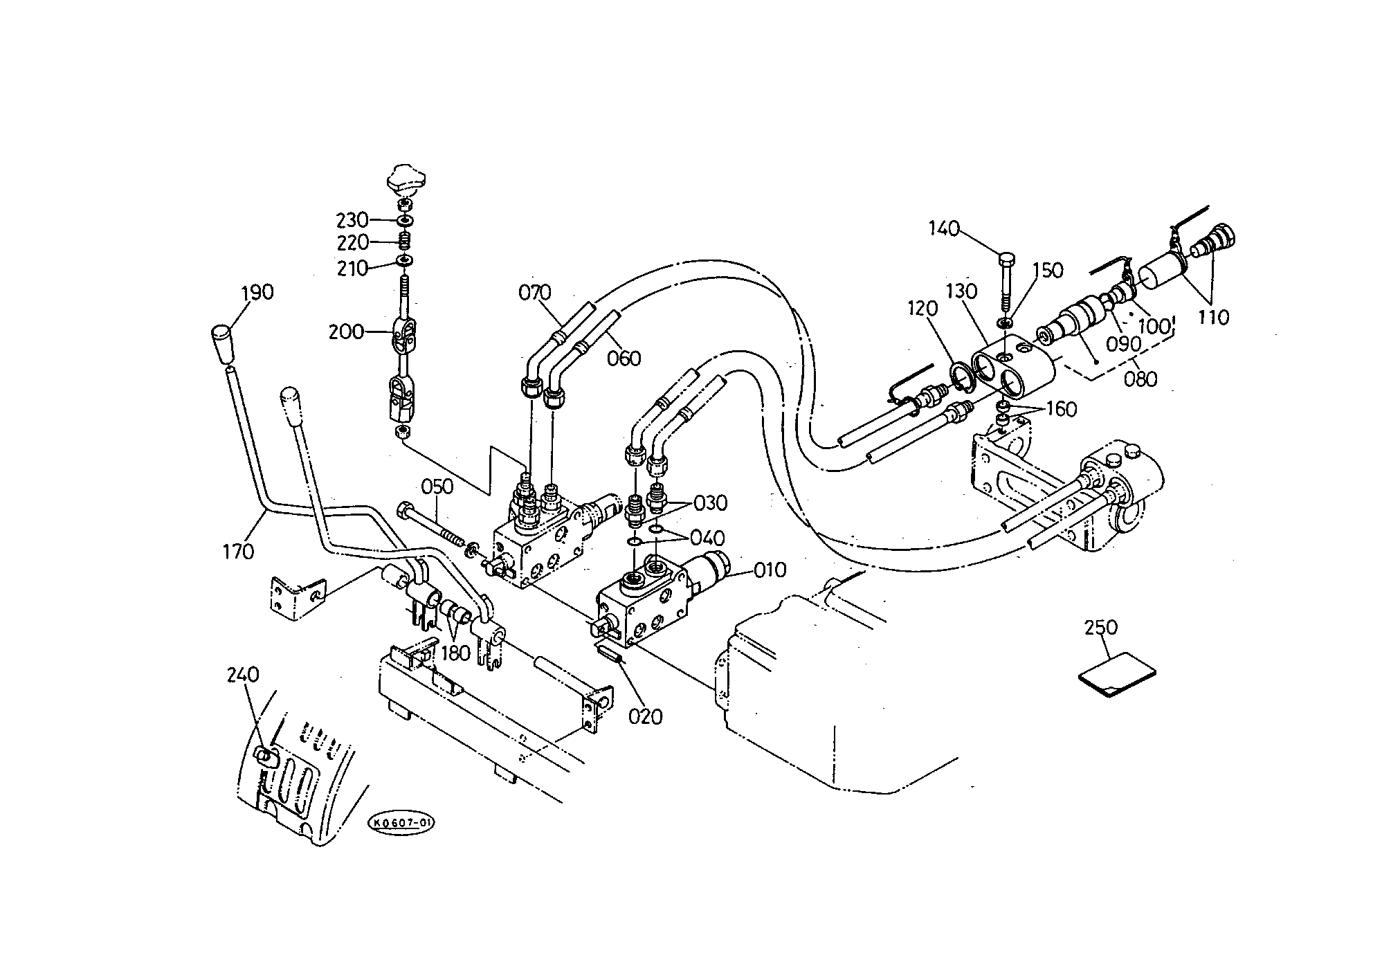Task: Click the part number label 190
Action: pyautogui.click(x=257, y=293)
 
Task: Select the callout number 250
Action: pyautogui.click(x=1101, y=627)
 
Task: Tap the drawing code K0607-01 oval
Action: pyautogui.click(x=401, y=822)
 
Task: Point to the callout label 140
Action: pyautogui.click(x=944, y=228)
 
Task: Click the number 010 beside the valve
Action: pyautogui.click(x=770, y=570)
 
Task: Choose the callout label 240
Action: pyautogui.click(x=243, y=674)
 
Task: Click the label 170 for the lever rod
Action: pyautogui.click(x=238, y=552)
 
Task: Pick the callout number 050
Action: pyautogui.click(x=437, y=487)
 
